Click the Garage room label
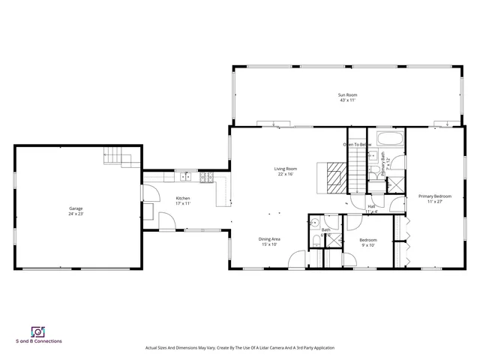coord(76,208)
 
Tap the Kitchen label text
coord(183,198)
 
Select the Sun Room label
coord(346,94)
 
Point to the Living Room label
coord(285,169)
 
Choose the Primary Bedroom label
coord(434,196)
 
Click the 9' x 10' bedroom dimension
coord(367,245)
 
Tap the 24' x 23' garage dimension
coord(76,214)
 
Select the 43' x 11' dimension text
coord(346,100)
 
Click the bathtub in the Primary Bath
coord(390,139)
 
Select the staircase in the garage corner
coord(113,157)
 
